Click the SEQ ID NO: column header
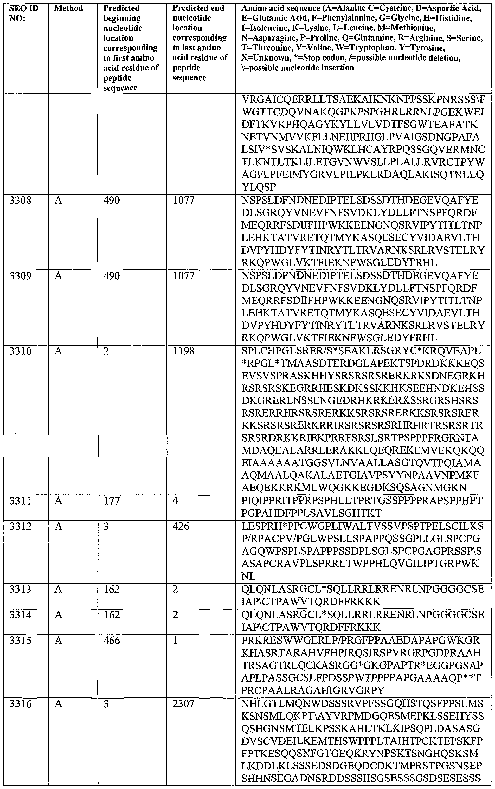point(24,13)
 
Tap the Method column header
point(68,8)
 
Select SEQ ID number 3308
point(20,200)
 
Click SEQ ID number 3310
point(20,351)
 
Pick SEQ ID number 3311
point(20,501)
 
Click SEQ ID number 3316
point(20,704)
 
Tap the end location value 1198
point(184,351)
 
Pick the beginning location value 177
point(112,501)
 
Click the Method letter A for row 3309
point(58,276)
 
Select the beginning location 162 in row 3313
point(112,589)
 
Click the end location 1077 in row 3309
point(184,276)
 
